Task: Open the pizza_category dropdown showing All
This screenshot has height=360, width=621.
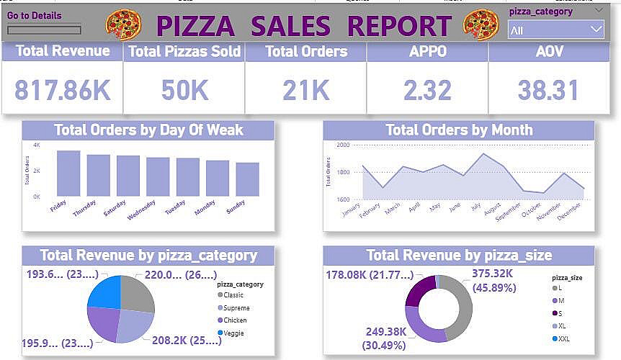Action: point(555,30)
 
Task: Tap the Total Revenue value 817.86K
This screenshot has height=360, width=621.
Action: point(63,90)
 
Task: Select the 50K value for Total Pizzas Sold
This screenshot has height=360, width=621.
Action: point(184,90)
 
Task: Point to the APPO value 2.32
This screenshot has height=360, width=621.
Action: point(427,90)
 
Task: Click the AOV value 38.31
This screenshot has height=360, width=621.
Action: point(549,90)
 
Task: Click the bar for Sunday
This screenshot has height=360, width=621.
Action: point(247,179)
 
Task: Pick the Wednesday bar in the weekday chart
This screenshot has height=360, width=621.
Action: point(158,176)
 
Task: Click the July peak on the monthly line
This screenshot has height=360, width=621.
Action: point(483,154)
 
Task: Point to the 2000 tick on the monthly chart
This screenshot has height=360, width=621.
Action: point(342,145)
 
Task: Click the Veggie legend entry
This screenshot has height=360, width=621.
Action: point(234,333)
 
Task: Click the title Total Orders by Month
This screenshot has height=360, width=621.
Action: point(459,130)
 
